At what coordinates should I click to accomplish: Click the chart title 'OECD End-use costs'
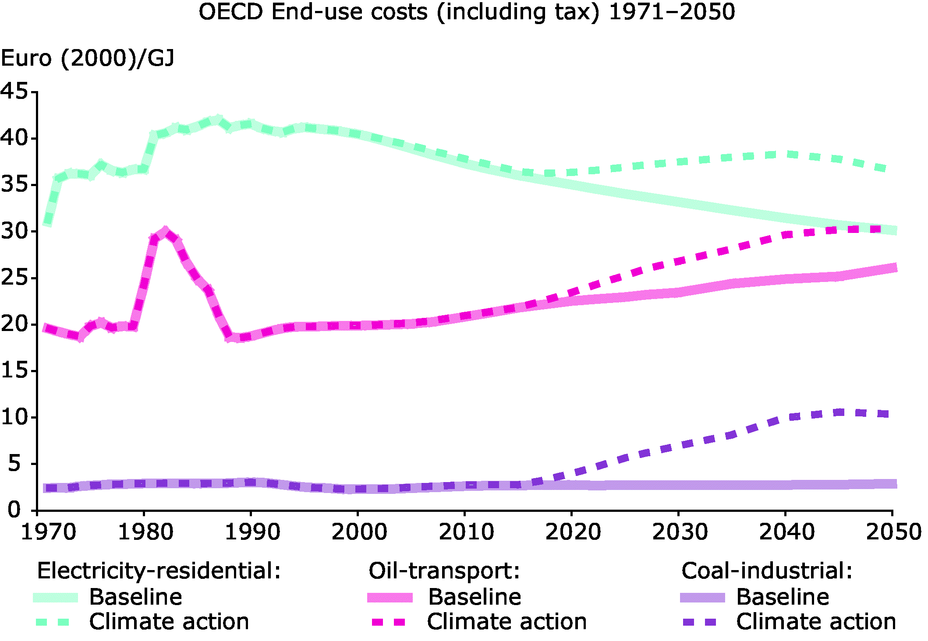point(466,12)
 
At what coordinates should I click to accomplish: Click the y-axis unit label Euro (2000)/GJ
point(88,58)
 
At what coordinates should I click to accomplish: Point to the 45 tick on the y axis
point(14,92)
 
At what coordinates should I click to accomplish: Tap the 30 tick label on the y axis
point(14,231)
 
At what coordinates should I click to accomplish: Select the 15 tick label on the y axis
point(14,370)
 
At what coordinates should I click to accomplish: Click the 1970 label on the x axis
point(48,532)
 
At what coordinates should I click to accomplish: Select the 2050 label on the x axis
point(894,532)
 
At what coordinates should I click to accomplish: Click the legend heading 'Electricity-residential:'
point(159,571)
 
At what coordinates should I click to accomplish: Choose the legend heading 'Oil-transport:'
point(444,571)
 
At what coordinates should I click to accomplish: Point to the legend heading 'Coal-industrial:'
point(767,571)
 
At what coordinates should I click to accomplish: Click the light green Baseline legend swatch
point(56,598)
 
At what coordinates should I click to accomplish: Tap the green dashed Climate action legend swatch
point(53,622)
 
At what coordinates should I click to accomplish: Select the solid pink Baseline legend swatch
point(390,598)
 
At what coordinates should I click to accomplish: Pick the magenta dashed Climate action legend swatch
point(388,622)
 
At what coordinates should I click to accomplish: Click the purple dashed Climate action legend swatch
point(699,622)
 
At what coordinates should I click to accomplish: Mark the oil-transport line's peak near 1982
point(165,232)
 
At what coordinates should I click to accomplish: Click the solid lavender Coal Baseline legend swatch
point(702,598)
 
